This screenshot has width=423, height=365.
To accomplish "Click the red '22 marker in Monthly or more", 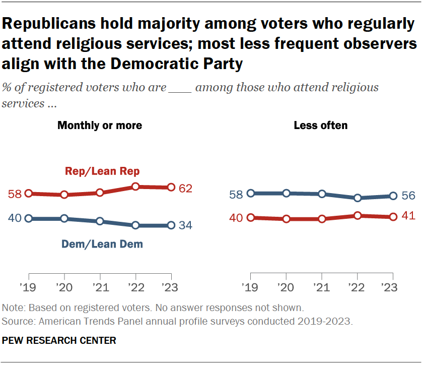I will click(x=135, y=187).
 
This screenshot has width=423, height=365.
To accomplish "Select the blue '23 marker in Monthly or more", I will click(x=171, y=225).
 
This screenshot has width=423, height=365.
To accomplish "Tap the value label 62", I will click(x=185, y=188).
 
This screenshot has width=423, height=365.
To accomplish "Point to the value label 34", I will click(x=185, y=225).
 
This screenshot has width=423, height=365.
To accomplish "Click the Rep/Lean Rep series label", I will click(x=102, y=171).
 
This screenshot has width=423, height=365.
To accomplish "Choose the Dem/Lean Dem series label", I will click(x=102, y=245).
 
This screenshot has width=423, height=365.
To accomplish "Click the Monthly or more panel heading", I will click(x=100, y=125).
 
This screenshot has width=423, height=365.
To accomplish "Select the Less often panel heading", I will click(x=321, y=125).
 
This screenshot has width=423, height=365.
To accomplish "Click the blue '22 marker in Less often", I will click(x=358, y=198).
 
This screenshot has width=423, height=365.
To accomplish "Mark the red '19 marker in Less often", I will click(x=251, y=218).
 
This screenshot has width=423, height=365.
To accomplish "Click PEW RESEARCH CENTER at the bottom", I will click(x=59, y=341).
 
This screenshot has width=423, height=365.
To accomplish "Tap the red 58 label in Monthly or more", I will click(x=15, y=194).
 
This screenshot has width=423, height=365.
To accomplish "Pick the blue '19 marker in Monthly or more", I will click(x=29, y=218).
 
